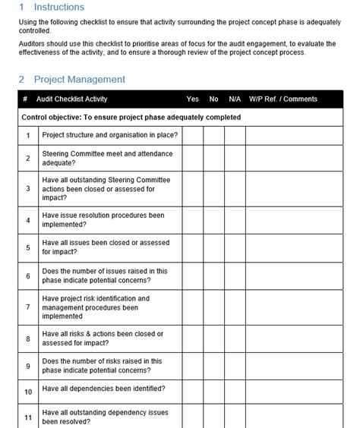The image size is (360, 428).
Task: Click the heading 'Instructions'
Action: click(x=59, y=7)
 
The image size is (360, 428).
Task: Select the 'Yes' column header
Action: click(x=192, y=99)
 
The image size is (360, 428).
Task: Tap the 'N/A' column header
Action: click(x=235, y=99)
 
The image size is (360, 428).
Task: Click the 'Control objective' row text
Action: click(x=131, y=118)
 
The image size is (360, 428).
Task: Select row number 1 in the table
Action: click(x=28, y=135)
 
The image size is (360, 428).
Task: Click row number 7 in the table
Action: click(x=28, y=307)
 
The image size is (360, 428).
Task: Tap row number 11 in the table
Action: click(x=28, y=417)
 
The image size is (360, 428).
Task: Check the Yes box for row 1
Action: click(x=193, y=135)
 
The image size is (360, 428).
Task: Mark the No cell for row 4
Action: click(x=214, y=220)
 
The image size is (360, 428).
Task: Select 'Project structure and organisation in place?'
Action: click(x=110, y=135)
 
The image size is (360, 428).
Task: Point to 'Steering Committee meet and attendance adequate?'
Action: click(x=107, y=158)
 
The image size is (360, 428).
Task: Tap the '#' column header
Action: click(x=25, y=99)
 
